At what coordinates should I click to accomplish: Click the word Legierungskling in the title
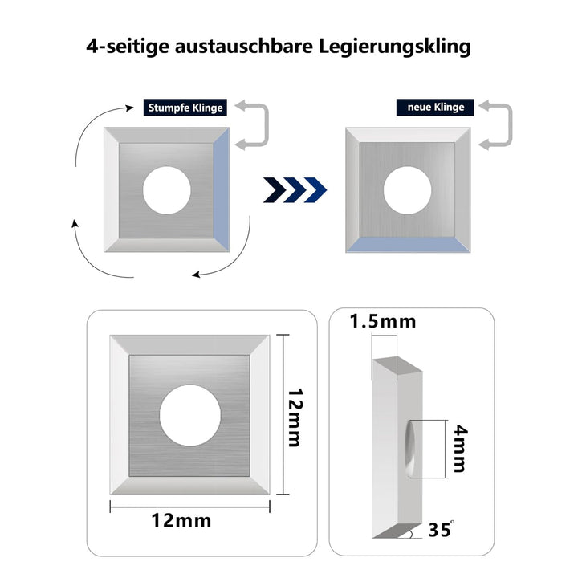[395, 47]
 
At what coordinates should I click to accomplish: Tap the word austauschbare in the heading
[244, 46]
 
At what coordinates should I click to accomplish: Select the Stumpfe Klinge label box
[185, 108]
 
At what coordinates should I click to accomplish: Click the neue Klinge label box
[435, 108]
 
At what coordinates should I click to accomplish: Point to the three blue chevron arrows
[295, 190]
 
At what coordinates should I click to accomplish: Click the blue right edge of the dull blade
[222, 189]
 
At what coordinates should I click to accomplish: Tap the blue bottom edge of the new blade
[408, 245]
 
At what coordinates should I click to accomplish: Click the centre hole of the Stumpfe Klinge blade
[167, 190]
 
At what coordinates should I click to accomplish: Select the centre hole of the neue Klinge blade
[407, 190]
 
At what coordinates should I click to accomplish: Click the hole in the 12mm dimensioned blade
[190, 416]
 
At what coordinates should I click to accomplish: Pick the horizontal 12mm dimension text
[181, 521]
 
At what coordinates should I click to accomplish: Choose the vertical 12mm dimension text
[295, 417]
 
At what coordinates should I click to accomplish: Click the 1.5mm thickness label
[383, 321]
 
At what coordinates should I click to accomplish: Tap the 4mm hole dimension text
[460, 448]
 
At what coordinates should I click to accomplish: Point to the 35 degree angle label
[442, 529]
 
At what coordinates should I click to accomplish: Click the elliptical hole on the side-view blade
[409, 449]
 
